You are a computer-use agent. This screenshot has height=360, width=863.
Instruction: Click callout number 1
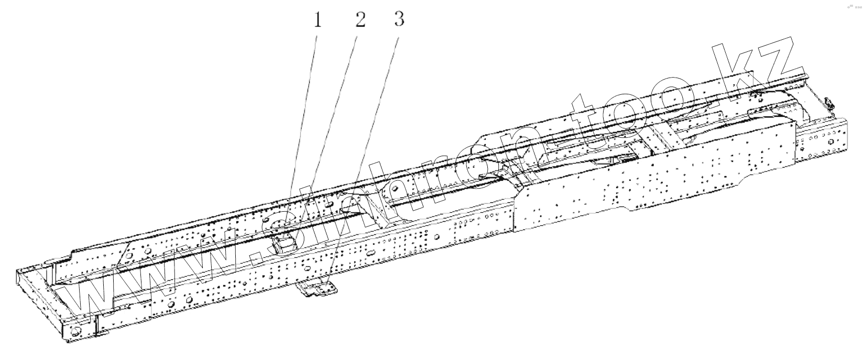coord(317,21)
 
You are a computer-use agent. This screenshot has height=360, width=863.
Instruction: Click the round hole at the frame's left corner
coord(74,331)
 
